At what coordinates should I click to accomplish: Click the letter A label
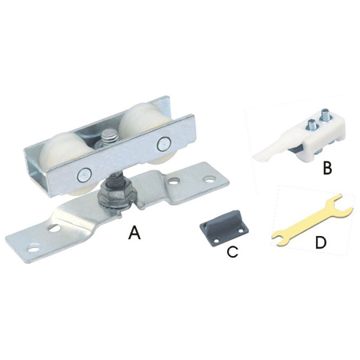pyautogui.click(x=134, y=233)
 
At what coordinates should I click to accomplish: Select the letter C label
pyautogui.click(x=233, y=252)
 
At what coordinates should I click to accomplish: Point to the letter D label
pyautogui.click(x=321, y=242)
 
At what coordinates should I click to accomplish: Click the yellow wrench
pyautogui.click(x=312, y=220)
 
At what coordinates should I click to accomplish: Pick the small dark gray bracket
pyautogui.click(x=224, y=226)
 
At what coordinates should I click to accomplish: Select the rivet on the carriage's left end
pyautogui.click(x=83, y=175)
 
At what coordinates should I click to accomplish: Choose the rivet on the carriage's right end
pyautogui.click(x=162, y=143)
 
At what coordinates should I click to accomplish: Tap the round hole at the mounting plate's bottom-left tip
pyautogui.click(x=33, y=249)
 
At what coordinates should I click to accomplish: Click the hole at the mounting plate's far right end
pyautogui.click(x=210, y=179)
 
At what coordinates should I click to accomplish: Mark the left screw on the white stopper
pyautogui.click(x=311, y=126)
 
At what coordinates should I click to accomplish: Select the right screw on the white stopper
pyautogui.click(x=325, y=116)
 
